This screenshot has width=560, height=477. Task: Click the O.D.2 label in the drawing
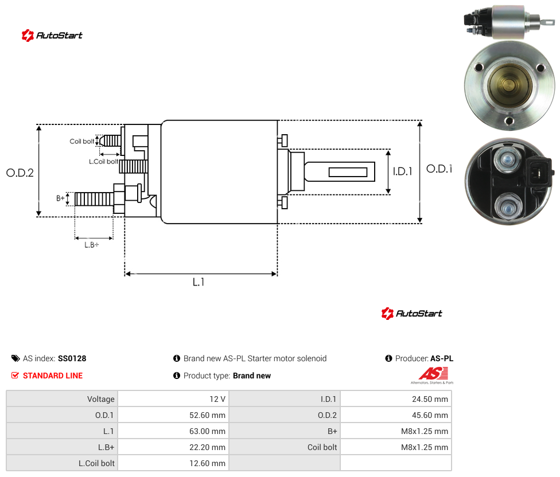[x=20, y=173]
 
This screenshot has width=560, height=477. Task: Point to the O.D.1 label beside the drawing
[x=440, y=169]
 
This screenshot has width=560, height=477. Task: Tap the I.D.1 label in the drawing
[x=403, y=171]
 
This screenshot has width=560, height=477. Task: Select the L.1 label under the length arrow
[x=199, y=282]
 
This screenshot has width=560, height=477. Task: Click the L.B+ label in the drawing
[x=92, y=245]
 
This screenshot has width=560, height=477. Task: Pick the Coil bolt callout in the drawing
[x=82, y=141]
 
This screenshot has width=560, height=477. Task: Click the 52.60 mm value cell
[x=207, y=415]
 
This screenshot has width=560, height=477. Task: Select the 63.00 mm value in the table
[x=207, y=431]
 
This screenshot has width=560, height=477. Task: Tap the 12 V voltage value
[x=217, y=399]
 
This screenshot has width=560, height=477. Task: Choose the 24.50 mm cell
[x=430, y=399]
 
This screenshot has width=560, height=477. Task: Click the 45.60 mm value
[x=430, y=415]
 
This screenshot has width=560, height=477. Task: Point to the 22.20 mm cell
[x=207, y=447]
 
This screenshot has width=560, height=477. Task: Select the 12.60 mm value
[x=207, y=463]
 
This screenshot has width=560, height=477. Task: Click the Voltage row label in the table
[x=101, y=399]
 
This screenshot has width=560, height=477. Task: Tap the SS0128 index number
[x=72, y=358]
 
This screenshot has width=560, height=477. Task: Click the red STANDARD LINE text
[x=53, y=376]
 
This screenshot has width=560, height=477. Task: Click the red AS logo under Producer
[x=433, y=374]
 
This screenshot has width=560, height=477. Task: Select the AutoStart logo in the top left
[x=52, y=36]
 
